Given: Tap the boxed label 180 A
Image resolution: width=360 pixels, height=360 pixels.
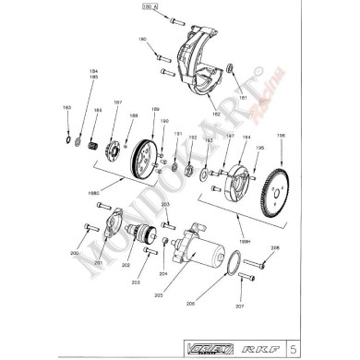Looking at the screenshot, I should click(x=150, y=6).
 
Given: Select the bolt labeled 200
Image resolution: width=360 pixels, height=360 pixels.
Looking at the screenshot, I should click(x=90, y=228).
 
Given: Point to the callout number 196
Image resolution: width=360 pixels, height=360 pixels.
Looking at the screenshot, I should click(x=281, y=137).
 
